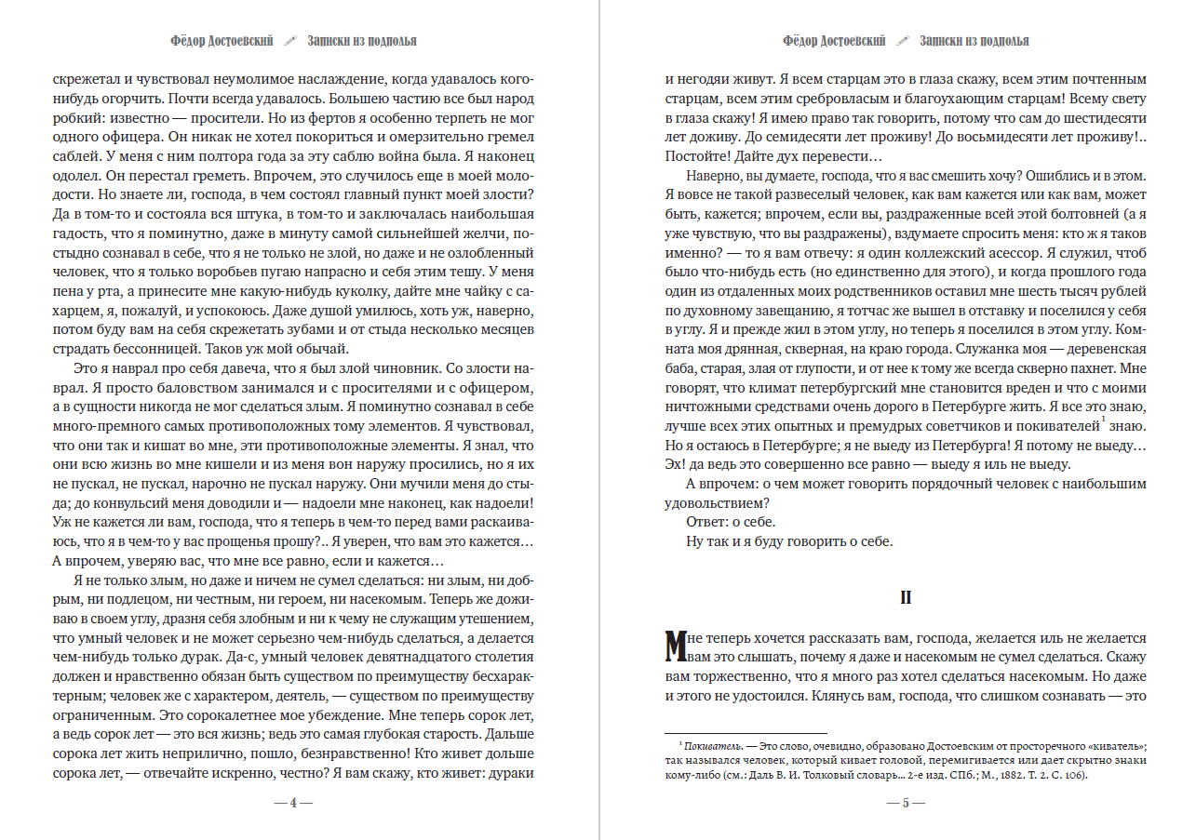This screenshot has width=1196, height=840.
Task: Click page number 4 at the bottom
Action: click(x=293, y=802)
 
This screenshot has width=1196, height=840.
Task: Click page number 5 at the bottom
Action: click(x=904, y=802)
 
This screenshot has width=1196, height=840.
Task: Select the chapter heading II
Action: click(x=905, y=598)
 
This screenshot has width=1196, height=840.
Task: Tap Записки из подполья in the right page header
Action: click(x=974, y=41)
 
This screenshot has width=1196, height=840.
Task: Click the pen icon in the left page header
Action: click(x=290, y=41)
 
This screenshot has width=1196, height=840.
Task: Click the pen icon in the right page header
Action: click(x=902, y=41)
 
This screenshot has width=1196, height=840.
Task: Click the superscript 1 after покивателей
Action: click(x=1101, y=420)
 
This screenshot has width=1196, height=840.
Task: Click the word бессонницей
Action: click(x=136, y=350)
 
